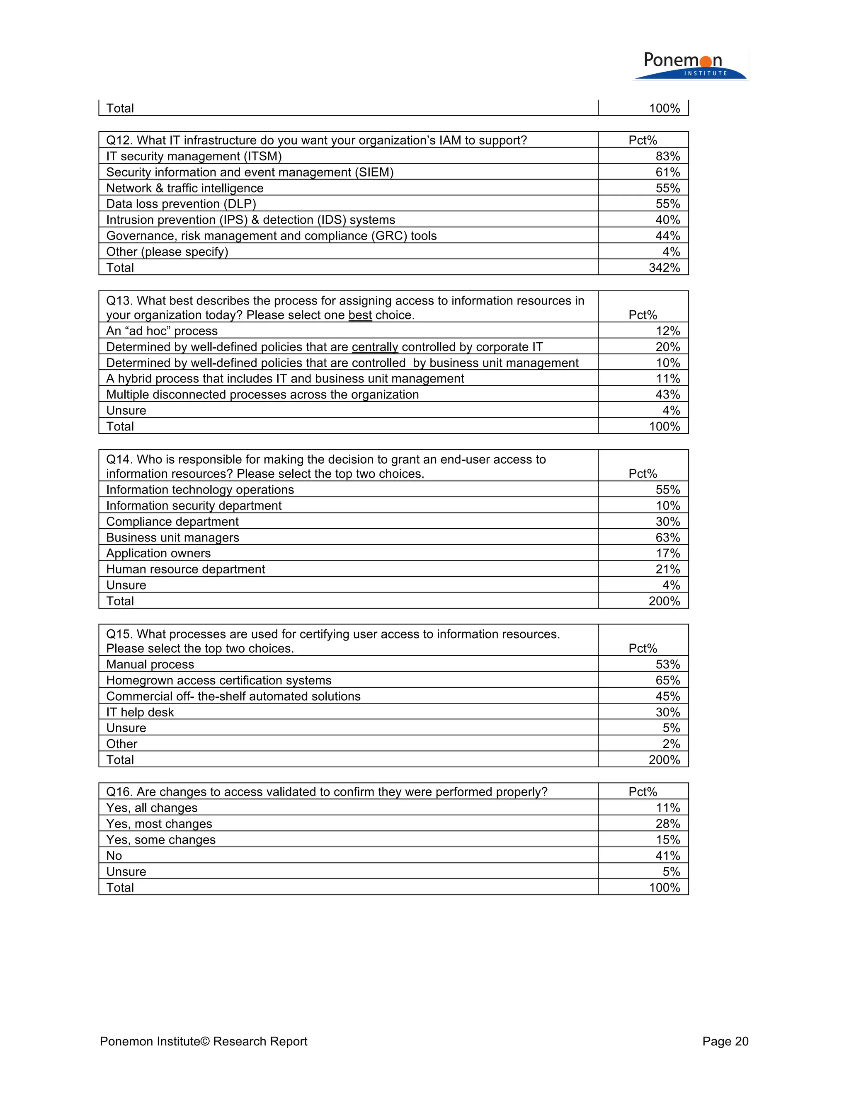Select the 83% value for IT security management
pyautogui.click(x=667, y=156)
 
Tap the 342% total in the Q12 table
pyautogui.click(x=664, y=268)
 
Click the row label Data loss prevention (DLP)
pyautogui.click(x=181, y=204)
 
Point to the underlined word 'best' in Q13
pyautogui.click(x=360, y=315)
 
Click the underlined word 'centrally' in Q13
pyautogui.click(x=375, y=347)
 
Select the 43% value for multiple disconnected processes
pyautogui.click(x=667, y=394)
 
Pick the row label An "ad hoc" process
pyautogui.click(x=162, y=331)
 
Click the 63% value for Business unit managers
pyautogui.click(x=667, y=537)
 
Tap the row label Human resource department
pyautogui.click(x=186, y=569)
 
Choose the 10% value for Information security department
pyautogui.click(x=667, y=506)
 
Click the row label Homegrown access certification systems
pyautogui.click(x=219, y=680)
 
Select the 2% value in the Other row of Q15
pyautogui.click(x=671, y=744)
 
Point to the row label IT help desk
pyautogui.click(x=140, y=712)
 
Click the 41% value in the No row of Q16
pyautogui.click(x=667, y=856)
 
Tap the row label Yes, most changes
pyautogui.click(x=159, y=824)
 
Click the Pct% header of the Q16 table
pyautogui.click(x=642, y=792)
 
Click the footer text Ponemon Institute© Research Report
pyautogui.click(x=203, y=1041)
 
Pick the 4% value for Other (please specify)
pyautogui.click(x=671, y=252)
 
